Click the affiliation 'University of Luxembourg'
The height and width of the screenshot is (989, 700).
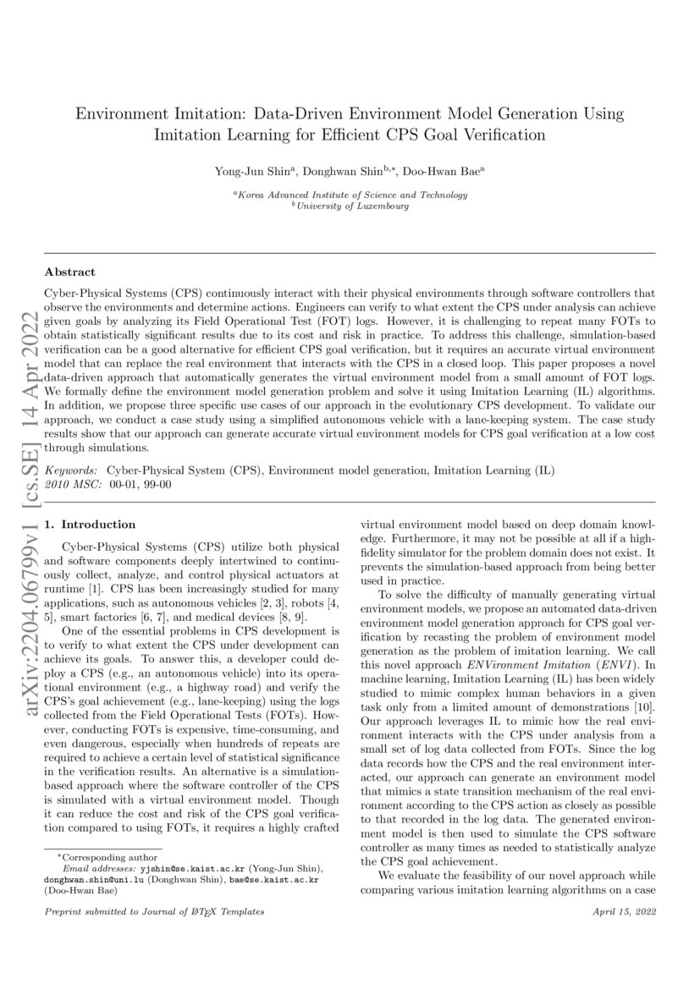coord(350,206)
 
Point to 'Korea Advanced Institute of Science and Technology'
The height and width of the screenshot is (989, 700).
coord(350,195)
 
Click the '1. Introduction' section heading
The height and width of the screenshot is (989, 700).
coord(90,525)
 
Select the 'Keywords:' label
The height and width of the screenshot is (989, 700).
coord(71,469)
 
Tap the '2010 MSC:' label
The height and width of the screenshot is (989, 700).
coord(72,482)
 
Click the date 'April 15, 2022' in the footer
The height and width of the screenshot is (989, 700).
coord(625,911)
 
